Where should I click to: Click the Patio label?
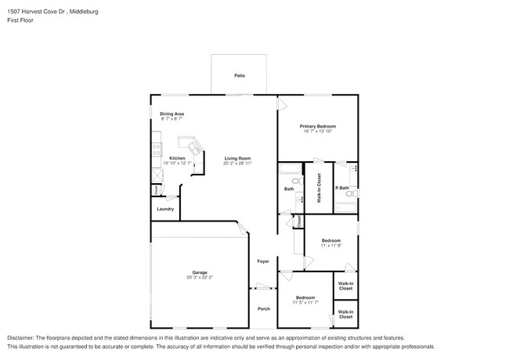[240, 75]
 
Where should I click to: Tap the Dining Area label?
[172, 114]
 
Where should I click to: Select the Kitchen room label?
[177, 158]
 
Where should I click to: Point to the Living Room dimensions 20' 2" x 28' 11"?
[237, 164]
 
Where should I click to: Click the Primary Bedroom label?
[318, 126]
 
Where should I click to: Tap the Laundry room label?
[165, 209]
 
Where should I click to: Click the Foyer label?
[263, 261]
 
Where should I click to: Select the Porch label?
[264, 308]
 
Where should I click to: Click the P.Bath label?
[342, 188]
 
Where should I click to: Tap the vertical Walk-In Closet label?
[319, 188]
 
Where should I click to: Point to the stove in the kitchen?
[157, 146]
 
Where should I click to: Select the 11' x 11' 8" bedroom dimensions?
[330, 246]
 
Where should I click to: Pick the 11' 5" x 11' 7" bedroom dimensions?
[305, 302]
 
